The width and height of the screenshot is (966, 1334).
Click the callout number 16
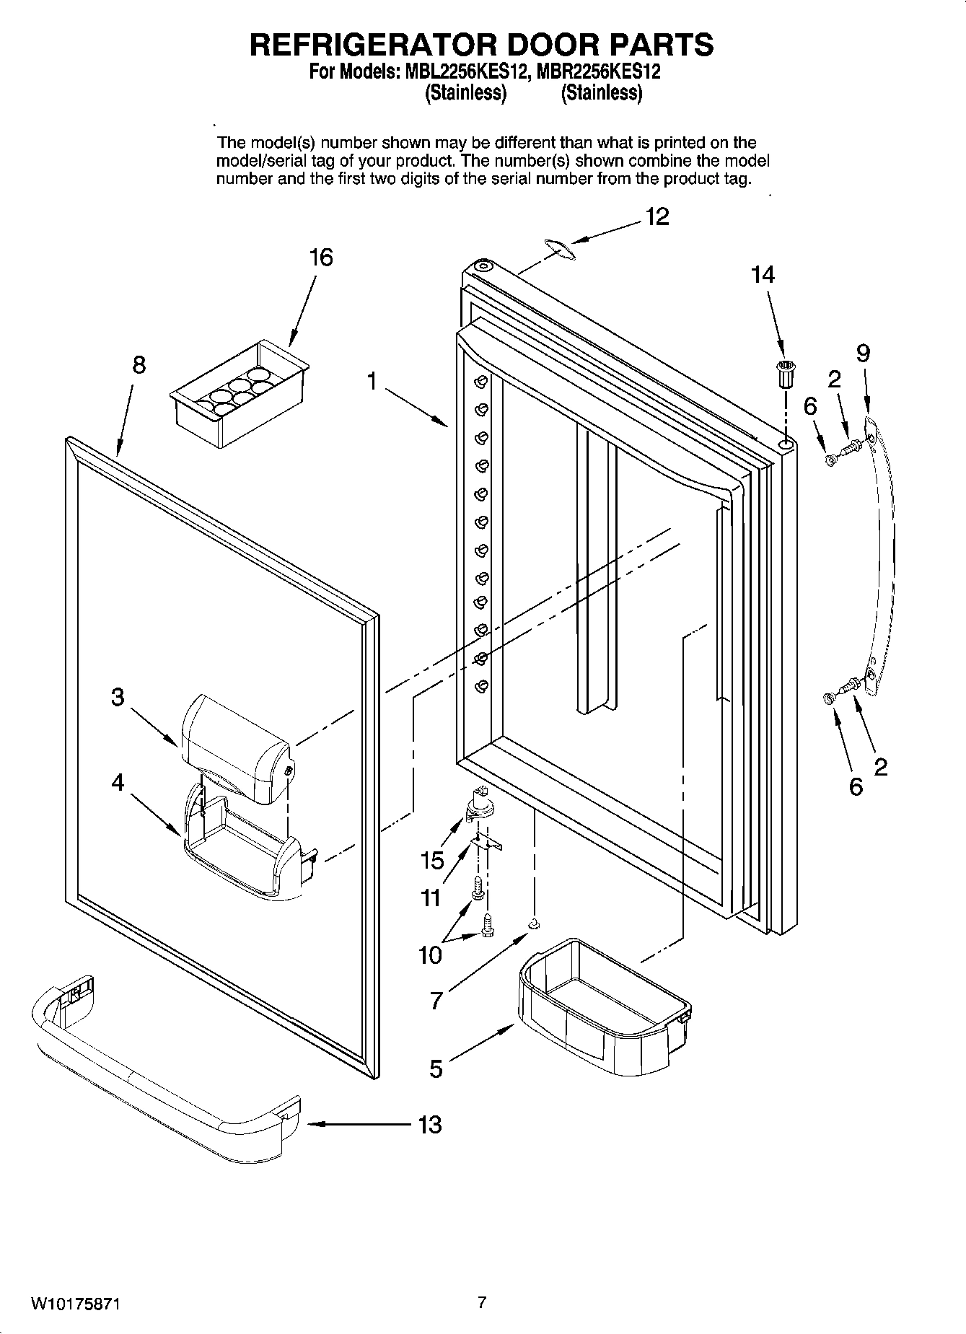coord(321,257)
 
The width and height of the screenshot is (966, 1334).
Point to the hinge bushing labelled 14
coord(784,374)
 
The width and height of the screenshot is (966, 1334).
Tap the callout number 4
coord(118,783)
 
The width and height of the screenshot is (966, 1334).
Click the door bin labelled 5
coord(602,1006)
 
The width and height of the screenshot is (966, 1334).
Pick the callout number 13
coord(430,1124)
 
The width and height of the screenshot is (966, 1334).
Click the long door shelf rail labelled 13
coord(166,1075)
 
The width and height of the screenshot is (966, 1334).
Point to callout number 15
coord(432,860)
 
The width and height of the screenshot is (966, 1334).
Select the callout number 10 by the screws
coord(430,955)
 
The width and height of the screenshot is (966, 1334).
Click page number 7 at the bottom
coord(482,1302)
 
